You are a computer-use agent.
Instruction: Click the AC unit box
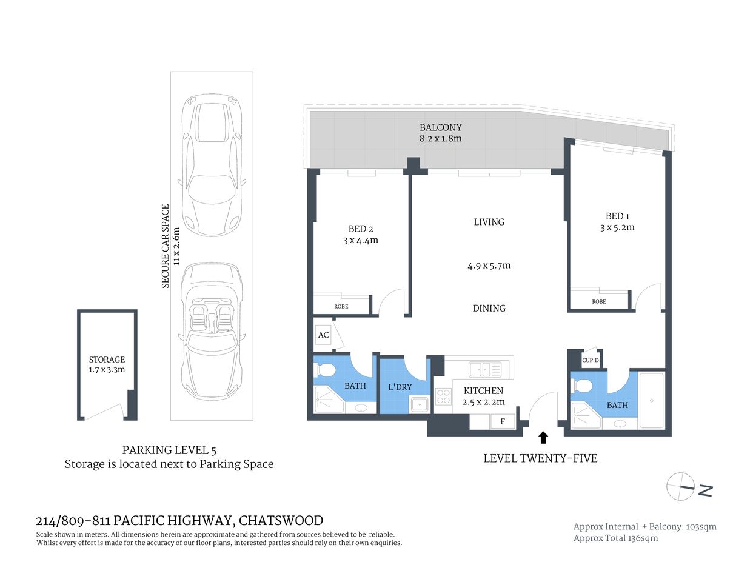323,335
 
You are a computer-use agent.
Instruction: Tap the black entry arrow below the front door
543,438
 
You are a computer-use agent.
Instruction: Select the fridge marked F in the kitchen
502,421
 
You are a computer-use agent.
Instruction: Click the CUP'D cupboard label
590,360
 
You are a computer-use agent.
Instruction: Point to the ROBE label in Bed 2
341,306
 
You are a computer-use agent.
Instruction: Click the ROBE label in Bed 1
598,301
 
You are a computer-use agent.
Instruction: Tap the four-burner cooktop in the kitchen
444,396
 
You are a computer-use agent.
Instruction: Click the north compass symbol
680,487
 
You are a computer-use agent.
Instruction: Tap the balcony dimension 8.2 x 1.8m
441,138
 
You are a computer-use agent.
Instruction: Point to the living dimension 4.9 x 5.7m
489,266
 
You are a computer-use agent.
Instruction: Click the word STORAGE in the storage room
107,360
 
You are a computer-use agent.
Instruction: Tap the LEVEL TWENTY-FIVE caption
540,458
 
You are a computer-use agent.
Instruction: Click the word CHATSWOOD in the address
281,520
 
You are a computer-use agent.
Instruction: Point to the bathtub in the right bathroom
652,400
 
